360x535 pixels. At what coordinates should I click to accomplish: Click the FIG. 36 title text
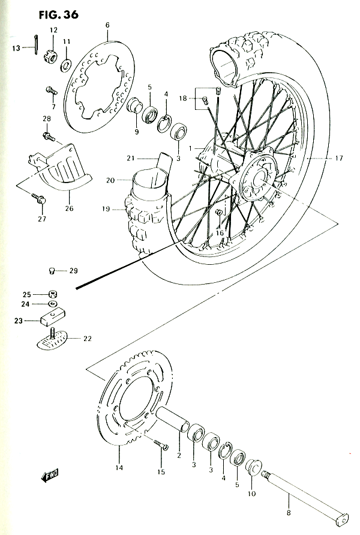[x=58, y=14]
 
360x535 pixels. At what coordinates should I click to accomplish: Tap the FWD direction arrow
[x=50, y=476]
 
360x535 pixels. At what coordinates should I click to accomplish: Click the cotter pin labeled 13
[x=36, y=44]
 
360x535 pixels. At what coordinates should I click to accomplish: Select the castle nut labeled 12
[x=50, y=56]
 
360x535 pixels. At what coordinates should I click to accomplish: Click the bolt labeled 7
[x=52, y=91]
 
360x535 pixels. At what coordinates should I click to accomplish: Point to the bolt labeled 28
[x=49, y=137]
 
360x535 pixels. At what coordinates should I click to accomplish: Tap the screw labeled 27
[x=39, y=199]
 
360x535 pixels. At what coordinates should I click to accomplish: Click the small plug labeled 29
[x=52, y=271]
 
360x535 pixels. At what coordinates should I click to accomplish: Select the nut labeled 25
[x=53, y=294]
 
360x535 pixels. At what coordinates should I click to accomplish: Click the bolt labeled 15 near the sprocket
[x=161, y=445]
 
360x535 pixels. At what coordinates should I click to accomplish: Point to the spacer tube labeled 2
[x=173, y=420]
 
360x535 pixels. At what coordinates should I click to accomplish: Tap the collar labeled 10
[x=254, y=467]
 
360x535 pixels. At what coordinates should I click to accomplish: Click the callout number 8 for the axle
[x=289, y=513]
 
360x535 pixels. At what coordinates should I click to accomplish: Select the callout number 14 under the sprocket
[x=119, y=467]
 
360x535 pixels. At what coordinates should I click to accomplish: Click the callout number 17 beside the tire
[x=339, y=158]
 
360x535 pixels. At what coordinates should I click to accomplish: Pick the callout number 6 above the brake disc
[x=108, y=25]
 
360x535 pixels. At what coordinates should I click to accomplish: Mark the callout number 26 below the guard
[x=69, y=208]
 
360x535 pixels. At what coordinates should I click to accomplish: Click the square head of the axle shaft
[x=341, y=520]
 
